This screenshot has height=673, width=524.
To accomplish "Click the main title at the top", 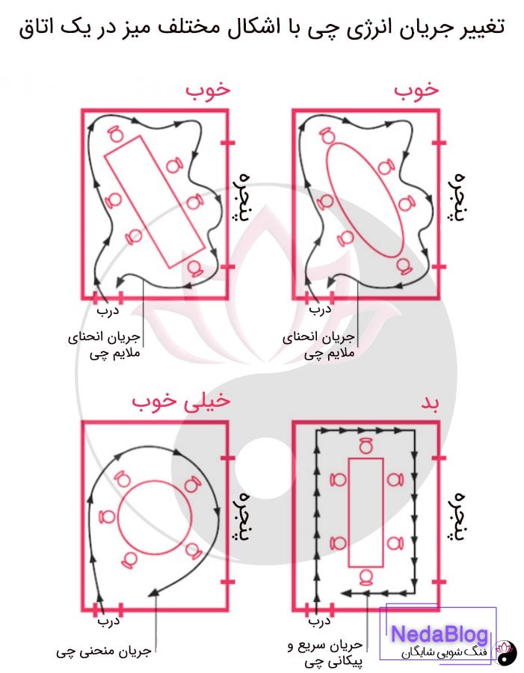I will coord(261,28).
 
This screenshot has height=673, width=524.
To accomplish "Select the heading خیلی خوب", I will coord(181,402).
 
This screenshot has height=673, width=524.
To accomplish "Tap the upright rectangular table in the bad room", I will coord(366,511).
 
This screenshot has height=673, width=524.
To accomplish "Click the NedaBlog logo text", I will coord(440,634).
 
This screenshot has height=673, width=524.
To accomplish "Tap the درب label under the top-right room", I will coord(318,307).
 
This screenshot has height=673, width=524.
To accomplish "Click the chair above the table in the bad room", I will coord(366,446).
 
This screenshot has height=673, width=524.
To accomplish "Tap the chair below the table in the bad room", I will coord(366,577).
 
